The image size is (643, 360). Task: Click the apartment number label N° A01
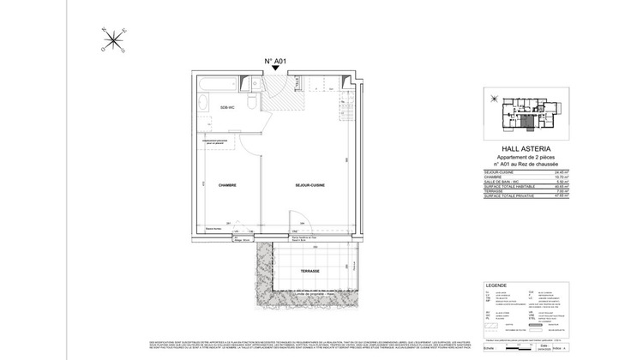(274, 61)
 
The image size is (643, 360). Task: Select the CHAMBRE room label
(227, 185)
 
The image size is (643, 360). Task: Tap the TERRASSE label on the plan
(309, 271)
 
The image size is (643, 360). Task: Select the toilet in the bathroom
(257, 103)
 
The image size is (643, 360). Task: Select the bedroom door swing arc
(249, 146)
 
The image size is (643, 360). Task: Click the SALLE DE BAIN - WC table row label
(502, 181)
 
